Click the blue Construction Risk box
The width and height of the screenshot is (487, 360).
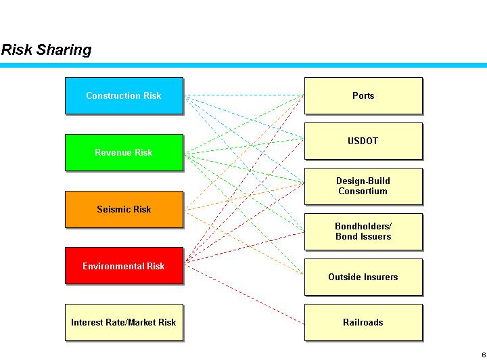(124, 95)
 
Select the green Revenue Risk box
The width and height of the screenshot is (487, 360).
(124, 152)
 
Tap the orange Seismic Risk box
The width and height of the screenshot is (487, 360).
(124, 209)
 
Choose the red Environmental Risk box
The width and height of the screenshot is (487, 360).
(124, 266)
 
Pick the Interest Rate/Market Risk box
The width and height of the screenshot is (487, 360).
(124, 322)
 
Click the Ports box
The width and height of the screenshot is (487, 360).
(363, 95)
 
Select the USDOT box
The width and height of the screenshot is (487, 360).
(363, 141)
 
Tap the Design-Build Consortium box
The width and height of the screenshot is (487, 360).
(363, 186)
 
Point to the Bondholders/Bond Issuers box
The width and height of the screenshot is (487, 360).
(363, 231)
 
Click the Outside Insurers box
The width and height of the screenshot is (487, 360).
(363, 277)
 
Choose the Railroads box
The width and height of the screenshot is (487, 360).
(363, 322)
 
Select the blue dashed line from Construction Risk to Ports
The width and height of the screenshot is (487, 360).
(243, 95)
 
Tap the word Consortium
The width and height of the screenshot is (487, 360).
(363, 192)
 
